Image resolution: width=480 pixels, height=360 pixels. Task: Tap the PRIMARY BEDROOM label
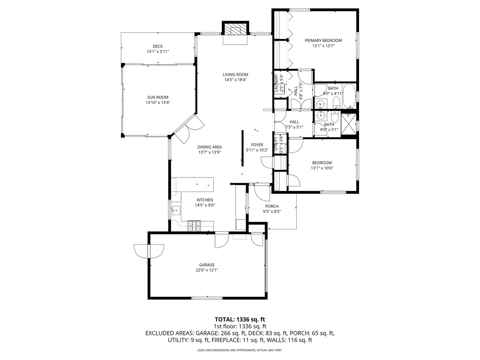[323, 41]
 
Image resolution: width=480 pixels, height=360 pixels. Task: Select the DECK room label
[158, 46]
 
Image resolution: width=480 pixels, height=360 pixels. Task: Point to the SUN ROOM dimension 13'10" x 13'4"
[158, 103]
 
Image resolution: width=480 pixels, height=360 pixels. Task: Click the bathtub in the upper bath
[349, 96]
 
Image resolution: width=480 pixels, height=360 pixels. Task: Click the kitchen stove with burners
[194, 226]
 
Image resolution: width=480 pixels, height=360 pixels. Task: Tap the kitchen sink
[175, 210]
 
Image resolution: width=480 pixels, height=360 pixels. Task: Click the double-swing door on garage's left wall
[149, 250]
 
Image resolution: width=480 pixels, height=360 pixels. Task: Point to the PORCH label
[272, 206]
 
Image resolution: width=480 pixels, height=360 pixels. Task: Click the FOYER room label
[257, 145]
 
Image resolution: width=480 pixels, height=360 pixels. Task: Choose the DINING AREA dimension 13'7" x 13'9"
[209, 152]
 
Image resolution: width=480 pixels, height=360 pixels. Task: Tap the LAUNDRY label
[276, 83]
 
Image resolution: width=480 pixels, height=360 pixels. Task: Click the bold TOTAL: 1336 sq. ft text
[240, 319]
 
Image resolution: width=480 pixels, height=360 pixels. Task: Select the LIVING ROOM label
[235, 75]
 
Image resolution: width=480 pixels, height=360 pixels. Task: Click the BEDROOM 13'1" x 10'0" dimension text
[322, 168]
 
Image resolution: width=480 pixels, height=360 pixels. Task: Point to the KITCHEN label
[205, 200]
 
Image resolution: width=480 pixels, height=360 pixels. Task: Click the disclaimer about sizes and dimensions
[240, 350]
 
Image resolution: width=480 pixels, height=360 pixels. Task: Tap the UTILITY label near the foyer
[276, 145]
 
